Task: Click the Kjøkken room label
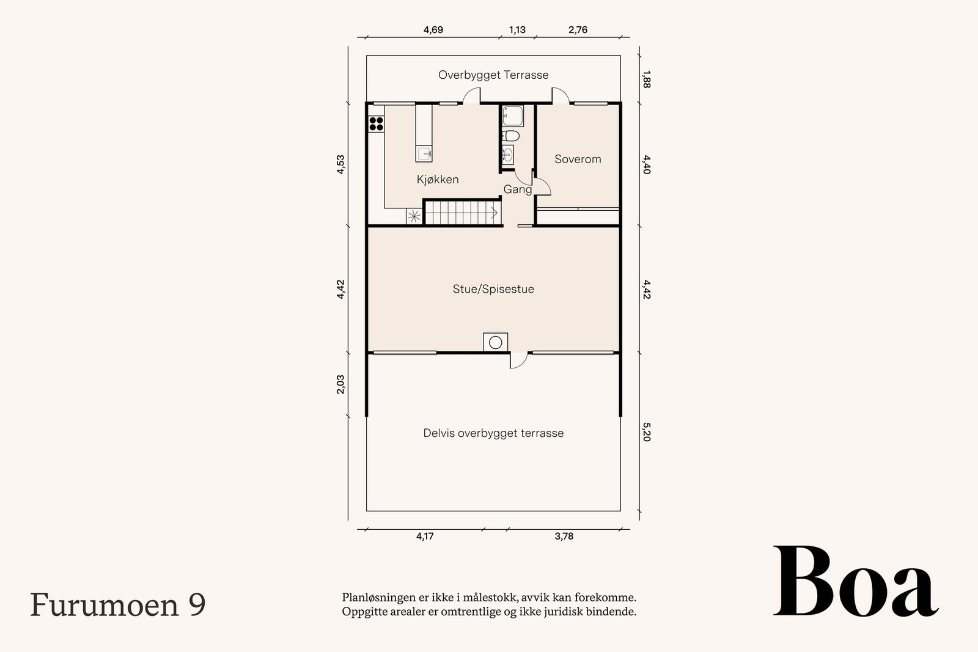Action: coord(438,180)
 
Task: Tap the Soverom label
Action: coord(578,159)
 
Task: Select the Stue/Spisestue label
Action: coord(493,289)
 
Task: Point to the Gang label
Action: coord(517,189)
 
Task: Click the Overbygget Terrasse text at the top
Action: coord(493,75)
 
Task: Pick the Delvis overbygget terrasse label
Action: coord(493,433)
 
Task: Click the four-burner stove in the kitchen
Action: coord(376,123)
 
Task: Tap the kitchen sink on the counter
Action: coord(424,153)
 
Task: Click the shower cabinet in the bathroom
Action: coord(512,115)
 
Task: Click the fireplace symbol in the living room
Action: coord(495,342)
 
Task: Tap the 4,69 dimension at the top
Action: coord(433,30)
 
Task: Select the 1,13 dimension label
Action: coord(517,30)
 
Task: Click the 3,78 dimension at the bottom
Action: coord(564,537)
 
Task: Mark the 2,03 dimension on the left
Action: coord(341,384)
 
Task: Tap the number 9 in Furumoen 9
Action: coord(197,604)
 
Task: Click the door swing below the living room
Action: coord(518,361)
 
